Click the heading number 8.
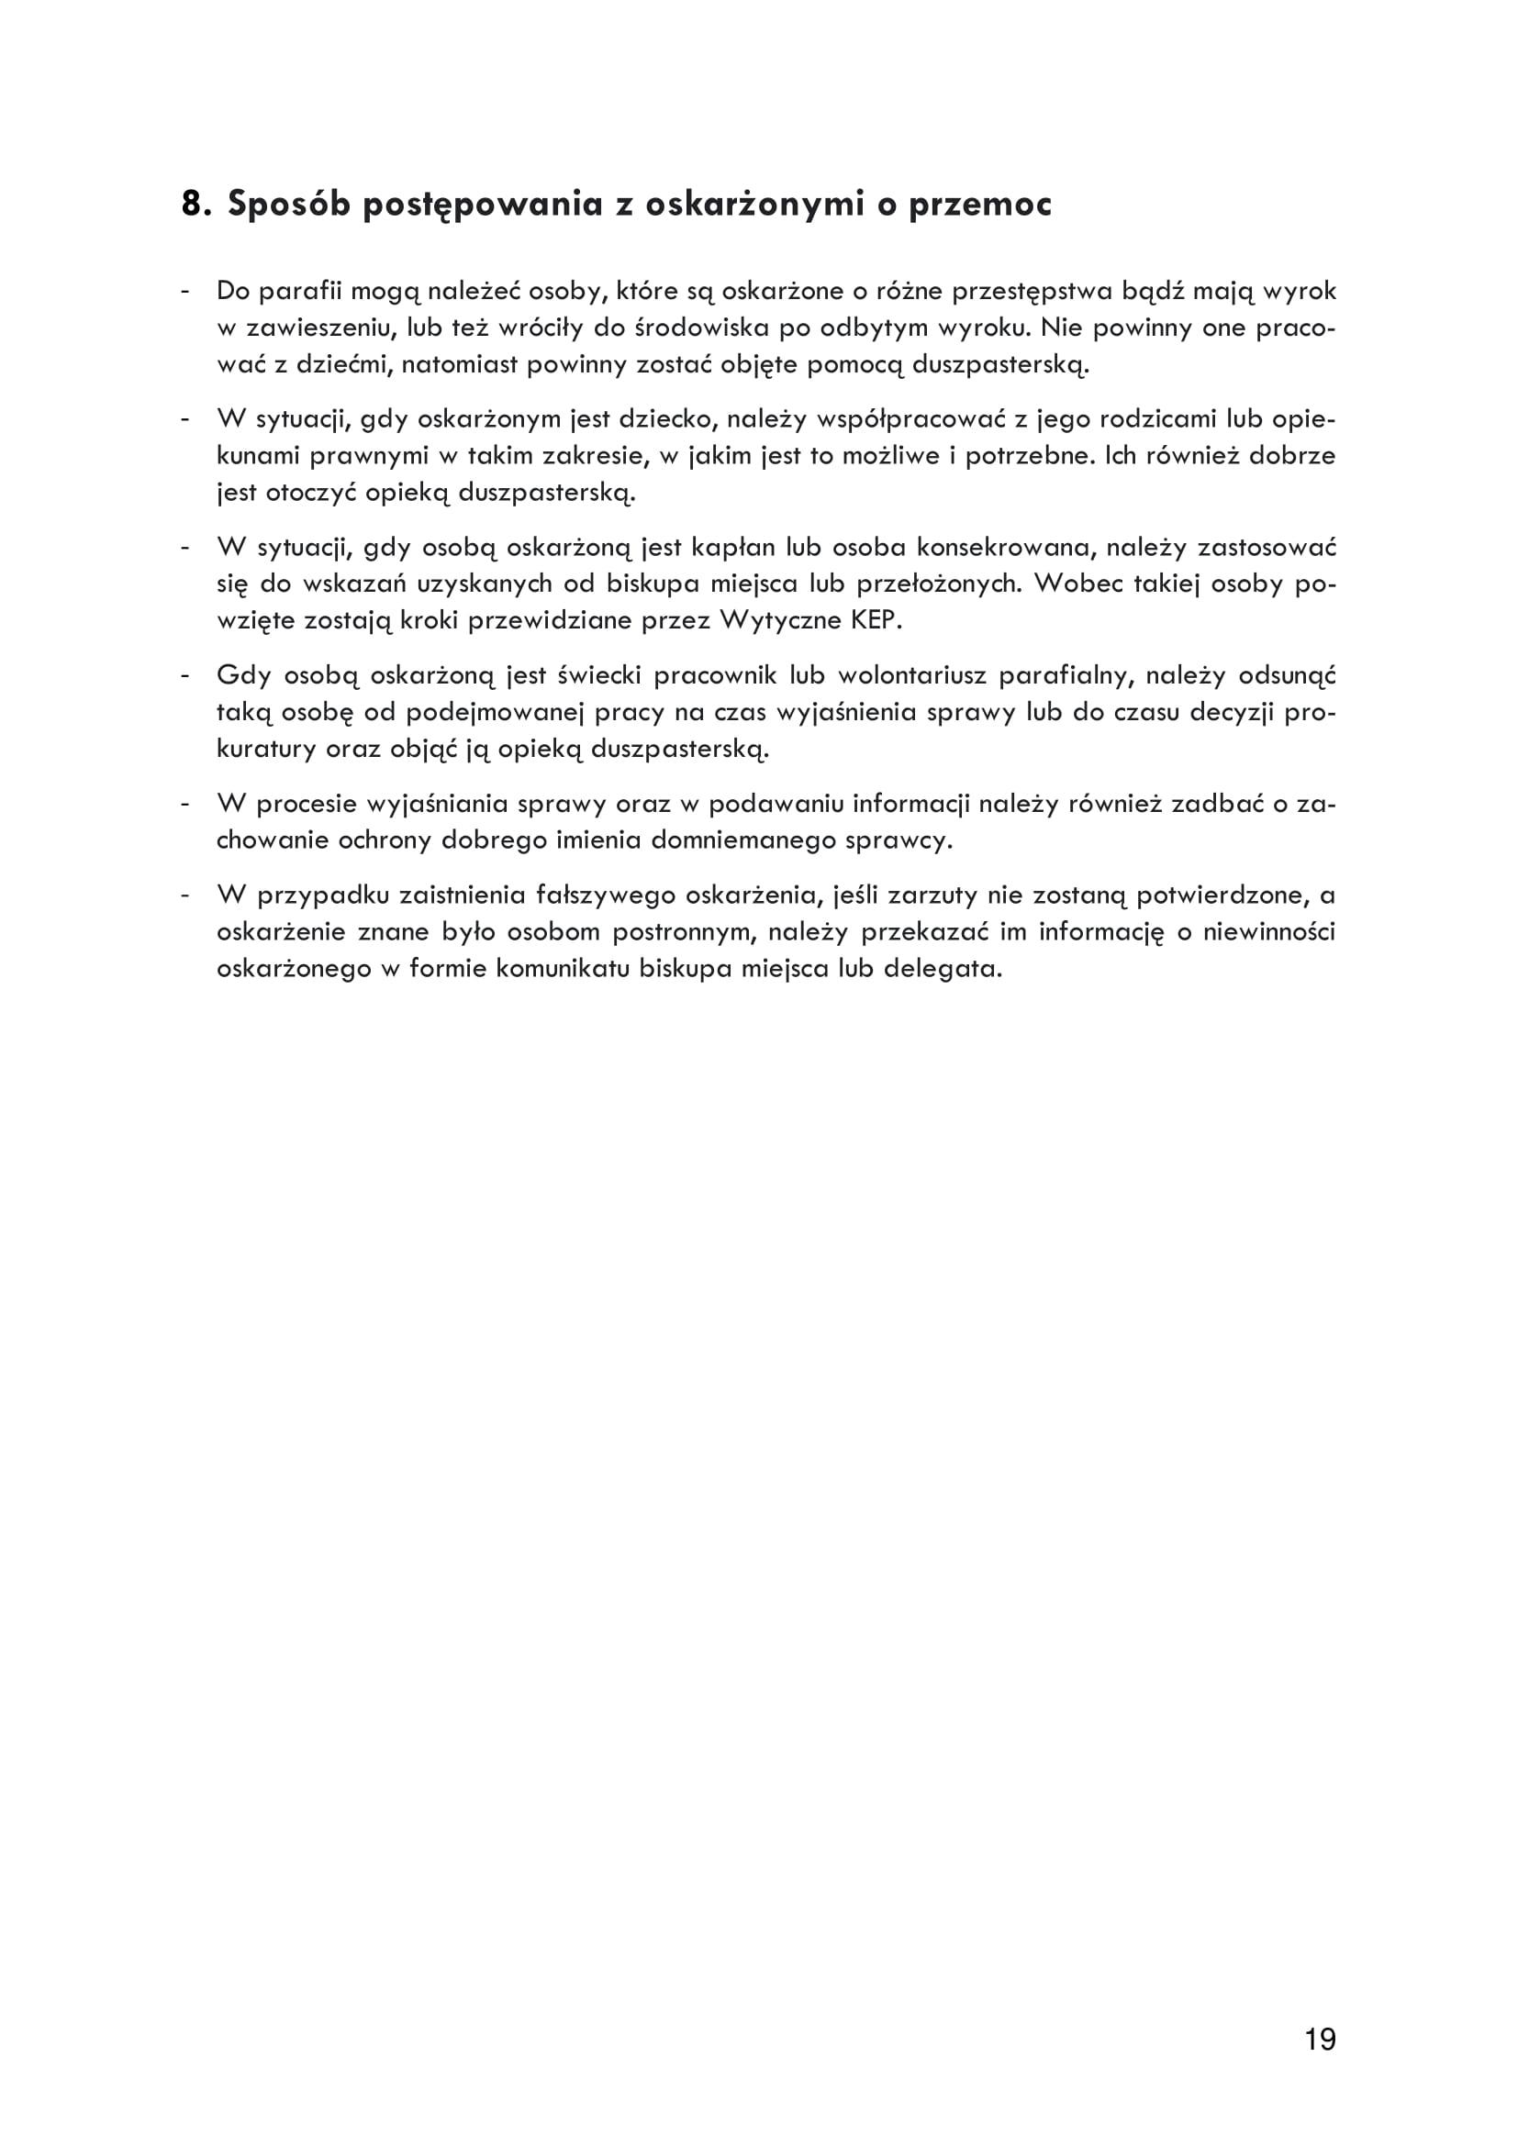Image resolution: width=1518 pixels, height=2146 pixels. click(x=195, y=204)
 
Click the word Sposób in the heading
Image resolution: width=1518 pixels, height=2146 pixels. click(x=289, y=204)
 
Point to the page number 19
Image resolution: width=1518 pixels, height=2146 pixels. click(x=1320, y=2040)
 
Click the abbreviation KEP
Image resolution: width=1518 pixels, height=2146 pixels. click(x=875, y=620)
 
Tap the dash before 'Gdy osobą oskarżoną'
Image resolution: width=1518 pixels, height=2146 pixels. click(x=186, y=675)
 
